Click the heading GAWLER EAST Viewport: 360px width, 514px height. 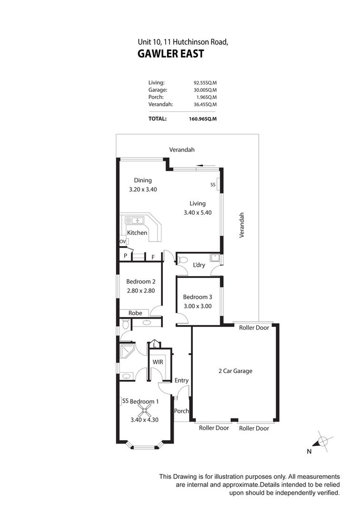(170, 53)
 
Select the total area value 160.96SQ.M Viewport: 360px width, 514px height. (203, 119)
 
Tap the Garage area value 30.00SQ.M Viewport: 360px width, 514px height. (205, 90)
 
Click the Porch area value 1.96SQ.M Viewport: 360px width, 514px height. (206, 98)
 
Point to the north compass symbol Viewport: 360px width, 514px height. (322, 442)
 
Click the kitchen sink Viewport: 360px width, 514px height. (135, 220)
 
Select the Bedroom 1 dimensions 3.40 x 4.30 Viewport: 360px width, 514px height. (144, 420)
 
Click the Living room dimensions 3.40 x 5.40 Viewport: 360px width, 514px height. (198, 212)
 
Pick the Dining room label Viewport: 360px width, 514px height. (143, 180)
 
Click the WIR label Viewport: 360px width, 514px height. (158, 362)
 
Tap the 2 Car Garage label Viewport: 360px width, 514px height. (235, 371)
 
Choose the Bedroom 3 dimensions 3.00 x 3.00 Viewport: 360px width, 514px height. (197, 306)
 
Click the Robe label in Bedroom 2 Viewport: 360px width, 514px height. (135, 313)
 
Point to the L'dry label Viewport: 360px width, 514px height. (199, 265)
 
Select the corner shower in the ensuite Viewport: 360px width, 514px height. (127, 351)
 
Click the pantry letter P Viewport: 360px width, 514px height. (125, 256)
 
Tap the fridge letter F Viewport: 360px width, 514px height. (153, 257)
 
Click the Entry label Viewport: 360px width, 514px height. (181, 380)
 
